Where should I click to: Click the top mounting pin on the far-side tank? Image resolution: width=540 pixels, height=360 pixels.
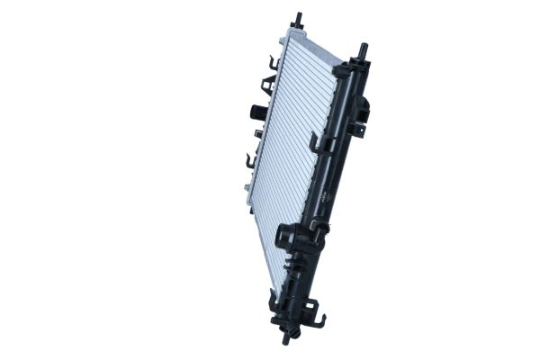click(296, 20)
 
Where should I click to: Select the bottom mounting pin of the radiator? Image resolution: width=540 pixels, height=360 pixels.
click(287, 337)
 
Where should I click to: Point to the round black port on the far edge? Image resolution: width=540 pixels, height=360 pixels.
click(256, 112)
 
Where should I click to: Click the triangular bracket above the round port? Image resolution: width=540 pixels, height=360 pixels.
click(267, 85)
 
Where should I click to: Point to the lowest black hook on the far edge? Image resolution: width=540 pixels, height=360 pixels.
click(251, 162)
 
